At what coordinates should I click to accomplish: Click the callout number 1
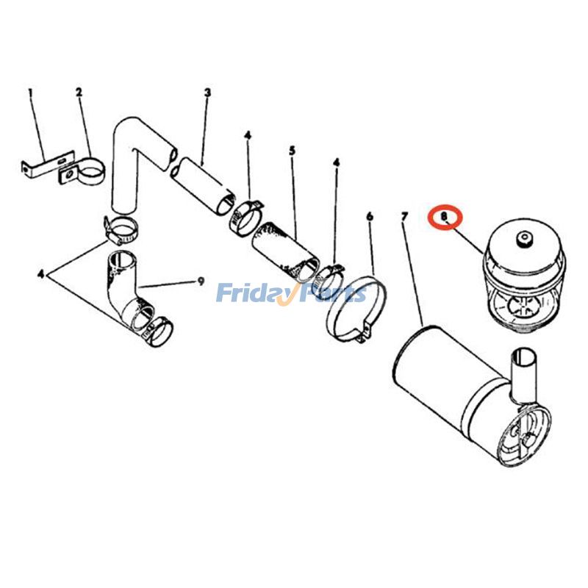click(31, 93)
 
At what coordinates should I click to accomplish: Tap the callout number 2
click(79, 93)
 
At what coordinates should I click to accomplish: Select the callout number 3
click(208, 93)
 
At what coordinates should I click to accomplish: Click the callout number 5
click(292, 151)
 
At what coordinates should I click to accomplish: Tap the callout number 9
click(200, 281)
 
